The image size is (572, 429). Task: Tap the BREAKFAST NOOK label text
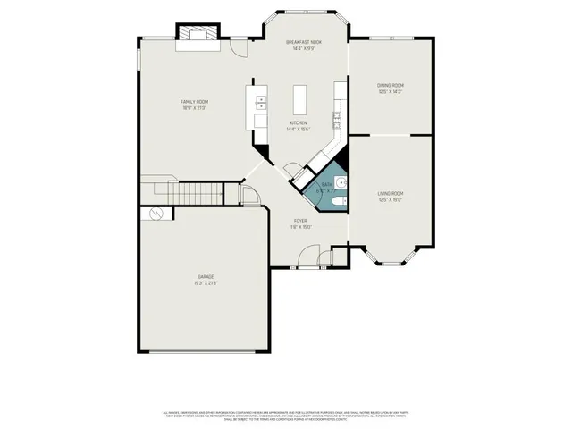click(304, 42)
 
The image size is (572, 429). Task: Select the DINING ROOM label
click(390, 85)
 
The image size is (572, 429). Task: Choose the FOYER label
click(300, 221)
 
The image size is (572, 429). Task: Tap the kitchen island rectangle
click(300, 97)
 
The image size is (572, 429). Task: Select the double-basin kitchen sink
click(261, 102)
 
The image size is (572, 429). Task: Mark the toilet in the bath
click(336, 204)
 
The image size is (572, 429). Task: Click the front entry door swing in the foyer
click(307, 259)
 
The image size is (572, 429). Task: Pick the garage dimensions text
click(206, 283)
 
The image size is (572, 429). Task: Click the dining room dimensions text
click(390, 91)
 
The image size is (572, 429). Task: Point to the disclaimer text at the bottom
click(286, 416)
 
